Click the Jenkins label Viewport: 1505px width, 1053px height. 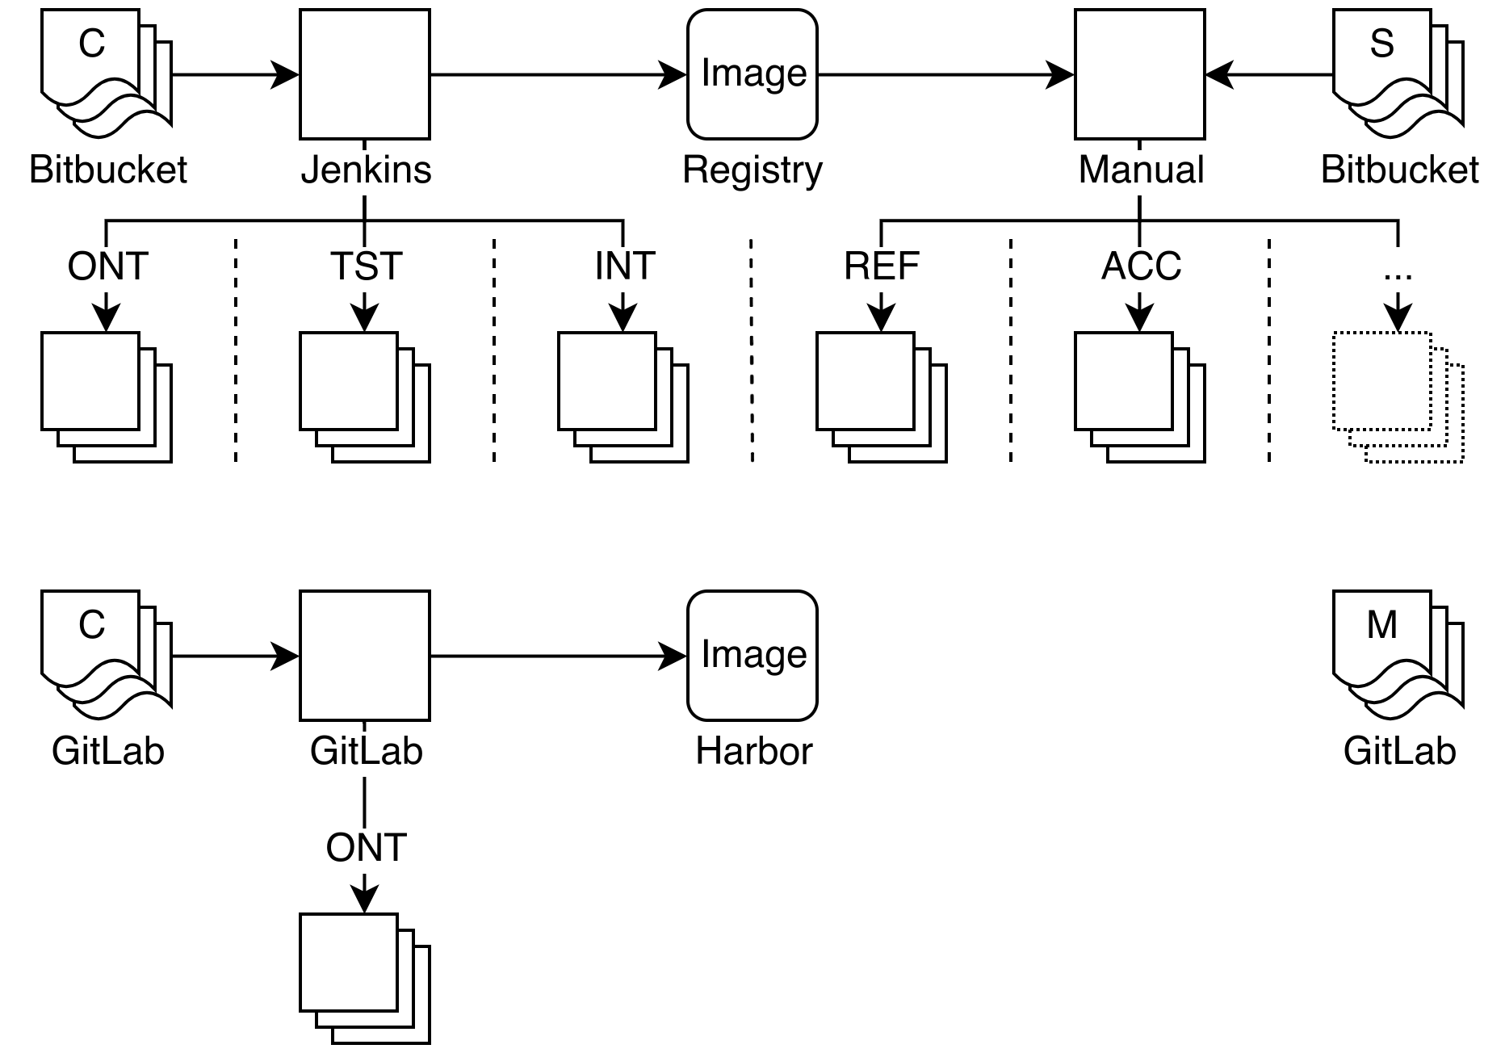coord(366,171)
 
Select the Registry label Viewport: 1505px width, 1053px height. coord(752,171)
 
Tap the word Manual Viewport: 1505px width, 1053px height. coord(1141,171)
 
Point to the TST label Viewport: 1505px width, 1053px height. coord(366,268)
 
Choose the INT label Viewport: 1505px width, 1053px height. coord(624,268)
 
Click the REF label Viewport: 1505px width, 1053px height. coord(882,268)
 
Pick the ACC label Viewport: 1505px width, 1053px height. coord(1141,268)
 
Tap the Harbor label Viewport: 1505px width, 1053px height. coord(753,753)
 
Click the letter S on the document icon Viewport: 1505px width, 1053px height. coord(1381,44)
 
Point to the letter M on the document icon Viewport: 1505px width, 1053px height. coord(1381,625)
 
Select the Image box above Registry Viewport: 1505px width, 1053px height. coord(752,74)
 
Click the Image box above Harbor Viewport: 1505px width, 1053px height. coord(752,656)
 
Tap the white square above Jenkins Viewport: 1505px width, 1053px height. coord(365,74)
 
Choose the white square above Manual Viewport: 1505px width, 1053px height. coord(1140,74)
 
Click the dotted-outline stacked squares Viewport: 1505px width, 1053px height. coord(1398,397)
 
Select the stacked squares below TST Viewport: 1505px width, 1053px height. coord(365,397)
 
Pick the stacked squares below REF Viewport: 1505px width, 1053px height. coord(882,397)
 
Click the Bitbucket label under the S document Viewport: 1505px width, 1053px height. coord(1399,171)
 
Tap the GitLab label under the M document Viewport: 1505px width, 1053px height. coord(1399,753)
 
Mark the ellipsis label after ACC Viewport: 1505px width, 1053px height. coord(1398,271)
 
